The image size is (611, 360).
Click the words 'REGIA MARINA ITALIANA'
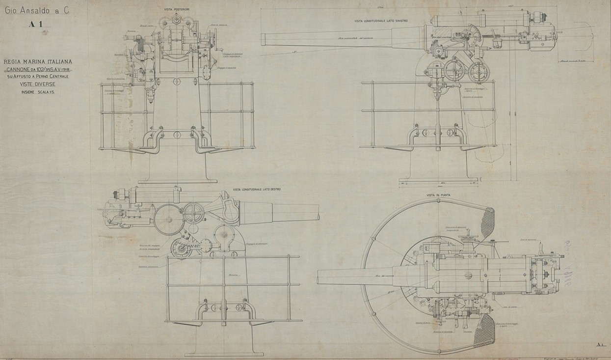click(38, 61)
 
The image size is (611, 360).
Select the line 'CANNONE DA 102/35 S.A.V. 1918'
click(38, 69)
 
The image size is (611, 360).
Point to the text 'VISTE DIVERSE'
click(37, 84)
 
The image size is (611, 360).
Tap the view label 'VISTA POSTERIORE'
click(175, 9)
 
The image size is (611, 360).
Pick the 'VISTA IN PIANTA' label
click(438, 195)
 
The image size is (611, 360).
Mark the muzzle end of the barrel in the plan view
click(319, 277)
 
